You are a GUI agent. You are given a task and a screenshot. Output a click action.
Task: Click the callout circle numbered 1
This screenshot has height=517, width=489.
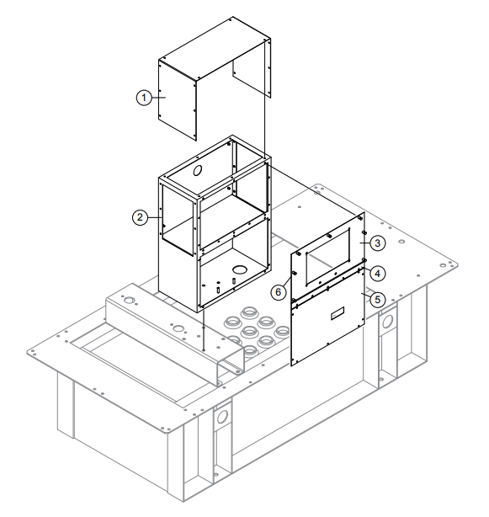144,98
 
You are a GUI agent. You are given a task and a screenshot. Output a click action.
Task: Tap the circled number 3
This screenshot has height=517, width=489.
379,243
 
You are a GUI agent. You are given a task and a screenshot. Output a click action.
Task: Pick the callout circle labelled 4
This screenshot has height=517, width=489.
379,273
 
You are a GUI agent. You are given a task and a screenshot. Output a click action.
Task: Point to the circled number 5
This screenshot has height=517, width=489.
379,298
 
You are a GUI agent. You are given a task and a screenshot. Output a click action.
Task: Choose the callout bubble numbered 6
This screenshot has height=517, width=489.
279,290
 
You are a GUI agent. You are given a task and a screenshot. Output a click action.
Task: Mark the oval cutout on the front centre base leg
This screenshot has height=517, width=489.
224,418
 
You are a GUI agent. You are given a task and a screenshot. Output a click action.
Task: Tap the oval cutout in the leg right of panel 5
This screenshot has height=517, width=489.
389,323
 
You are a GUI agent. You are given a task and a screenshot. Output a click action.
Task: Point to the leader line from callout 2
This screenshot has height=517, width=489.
152,216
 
